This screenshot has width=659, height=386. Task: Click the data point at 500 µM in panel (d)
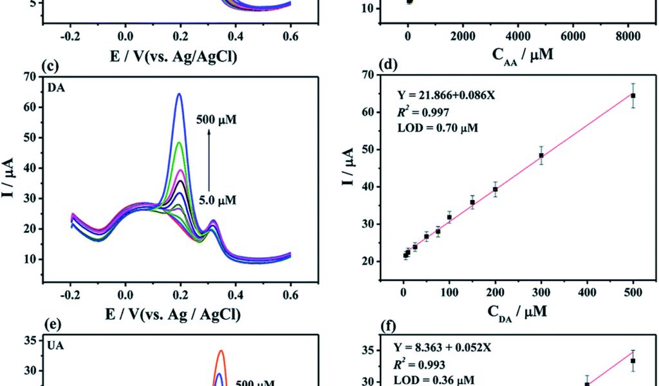click(x=633, y=95)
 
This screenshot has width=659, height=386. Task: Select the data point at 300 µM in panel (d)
click(x=541, y=155)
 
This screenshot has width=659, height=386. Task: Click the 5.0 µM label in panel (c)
click(x=216, y=201)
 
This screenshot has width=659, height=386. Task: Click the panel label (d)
click(x=388, y=64)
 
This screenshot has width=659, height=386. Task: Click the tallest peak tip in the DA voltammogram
click(x=179, y=95)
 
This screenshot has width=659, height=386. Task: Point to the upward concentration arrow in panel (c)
click(x=209, y=158)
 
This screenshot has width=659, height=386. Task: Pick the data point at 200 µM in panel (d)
click(x=495, y=189)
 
